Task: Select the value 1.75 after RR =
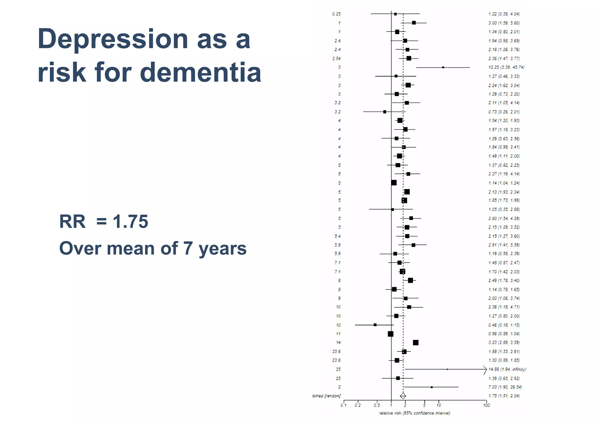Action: click(130, 221)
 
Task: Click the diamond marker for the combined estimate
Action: click(403, 396)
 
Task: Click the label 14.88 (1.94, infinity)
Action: click(507, 369)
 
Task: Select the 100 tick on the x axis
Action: click(486, 405)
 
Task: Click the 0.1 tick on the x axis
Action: click(343, 405)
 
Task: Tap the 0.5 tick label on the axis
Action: click(377, 405)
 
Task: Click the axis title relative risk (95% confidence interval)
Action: click(414, 413)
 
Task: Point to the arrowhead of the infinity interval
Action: click(486, 370)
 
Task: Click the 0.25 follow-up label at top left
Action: click(336, 14)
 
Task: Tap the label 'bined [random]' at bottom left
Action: click(326, 396)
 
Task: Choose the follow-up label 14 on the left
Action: click(338, 342)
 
